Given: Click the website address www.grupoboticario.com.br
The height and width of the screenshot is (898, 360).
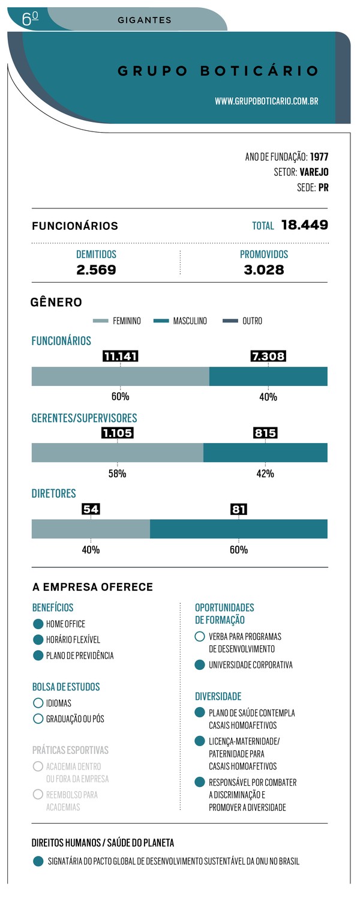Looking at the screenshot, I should tap(266, 101).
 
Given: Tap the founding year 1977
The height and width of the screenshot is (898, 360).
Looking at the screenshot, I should tap(319, 157).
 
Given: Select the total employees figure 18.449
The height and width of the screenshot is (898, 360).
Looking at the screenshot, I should tap(304, 226).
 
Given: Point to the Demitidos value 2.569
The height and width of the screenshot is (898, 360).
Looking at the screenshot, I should tap(96, 270).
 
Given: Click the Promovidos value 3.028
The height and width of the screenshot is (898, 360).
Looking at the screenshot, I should tap(264, 270).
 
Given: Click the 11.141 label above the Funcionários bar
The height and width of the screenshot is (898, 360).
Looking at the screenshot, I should tap(121, 356).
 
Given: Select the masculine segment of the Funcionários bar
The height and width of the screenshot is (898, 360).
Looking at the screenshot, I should tap(268, 376).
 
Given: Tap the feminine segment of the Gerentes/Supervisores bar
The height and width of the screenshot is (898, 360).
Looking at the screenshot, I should tap(117, 453).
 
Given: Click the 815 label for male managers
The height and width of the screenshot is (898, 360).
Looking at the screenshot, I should tap(265, 433).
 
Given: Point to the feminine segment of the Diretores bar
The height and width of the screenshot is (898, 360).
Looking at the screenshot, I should tap(91, 529).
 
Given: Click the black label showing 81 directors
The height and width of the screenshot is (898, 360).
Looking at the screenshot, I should tap(239, 510).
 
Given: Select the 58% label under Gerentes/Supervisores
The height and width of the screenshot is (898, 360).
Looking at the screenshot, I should tap(117, 474).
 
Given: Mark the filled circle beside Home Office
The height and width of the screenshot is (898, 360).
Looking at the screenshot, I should tap(38, 624).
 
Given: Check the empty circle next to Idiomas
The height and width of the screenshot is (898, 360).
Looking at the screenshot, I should tap(38, 703).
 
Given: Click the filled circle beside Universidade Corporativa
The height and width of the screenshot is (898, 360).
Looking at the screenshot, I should tap(200, 665).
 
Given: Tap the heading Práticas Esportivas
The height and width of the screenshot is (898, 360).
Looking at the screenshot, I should tap(70, 750).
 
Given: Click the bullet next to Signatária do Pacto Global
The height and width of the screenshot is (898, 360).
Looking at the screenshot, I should tap(38, 861).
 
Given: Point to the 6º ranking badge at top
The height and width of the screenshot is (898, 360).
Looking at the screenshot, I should tap(30, 19).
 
